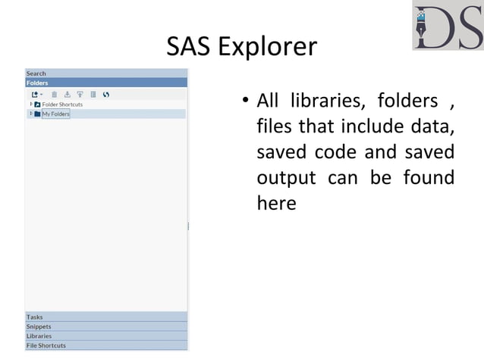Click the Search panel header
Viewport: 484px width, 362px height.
(36, 73)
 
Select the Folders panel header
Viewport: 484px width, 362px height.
(37, 83)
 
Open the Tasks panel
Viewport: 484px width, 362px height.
(35, 317)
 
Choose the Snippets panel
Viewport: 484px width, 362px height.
(39, 326)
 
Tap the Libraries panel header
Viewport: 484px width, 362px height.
(39, 335)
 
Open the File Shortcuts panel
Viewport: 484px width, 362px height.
(46, 345)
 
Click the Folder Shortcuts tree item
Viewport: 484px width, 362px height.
(62, 105)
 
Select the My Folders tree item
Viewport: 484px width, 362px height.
(55, 114)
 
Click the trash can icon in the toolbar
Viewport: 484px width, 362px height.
(54, 95)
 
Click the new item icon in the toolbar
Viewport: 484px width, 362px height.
(35, 95)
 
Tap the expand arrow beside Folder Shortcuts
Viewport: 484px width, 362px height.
(30, 105)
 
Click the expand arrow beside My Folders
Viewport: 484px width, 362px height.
(30, 114)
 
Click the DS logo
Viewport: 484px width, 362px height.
(448, 27)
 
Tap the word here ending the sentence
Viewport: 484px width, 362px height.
(276, 203)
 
